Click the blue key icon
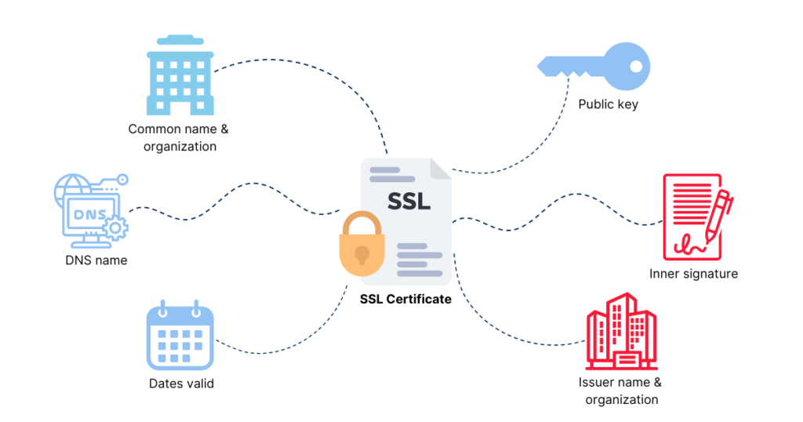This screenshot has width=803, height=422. tap(594, 64)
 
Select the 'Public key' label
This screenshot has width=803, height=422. tap(608, 104)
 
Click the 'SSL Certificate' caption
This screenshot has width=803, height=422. tap(405, 299)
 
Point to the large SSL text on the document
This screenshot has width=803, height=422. tap(409, 201)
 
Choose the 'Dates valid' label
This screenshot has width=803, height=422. tap(181, 384)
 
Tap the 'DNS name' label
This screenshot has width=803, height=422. tap(96, 260)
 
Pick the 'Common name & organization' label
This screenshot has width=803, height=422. tap(180, 137)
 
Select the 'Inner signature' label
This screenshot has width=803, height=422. tap(693, 274)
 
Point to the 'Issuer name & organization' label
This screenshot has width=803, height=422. tap(620, 391)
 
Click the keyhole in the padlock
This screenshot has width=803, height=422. tap(361, 255)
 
